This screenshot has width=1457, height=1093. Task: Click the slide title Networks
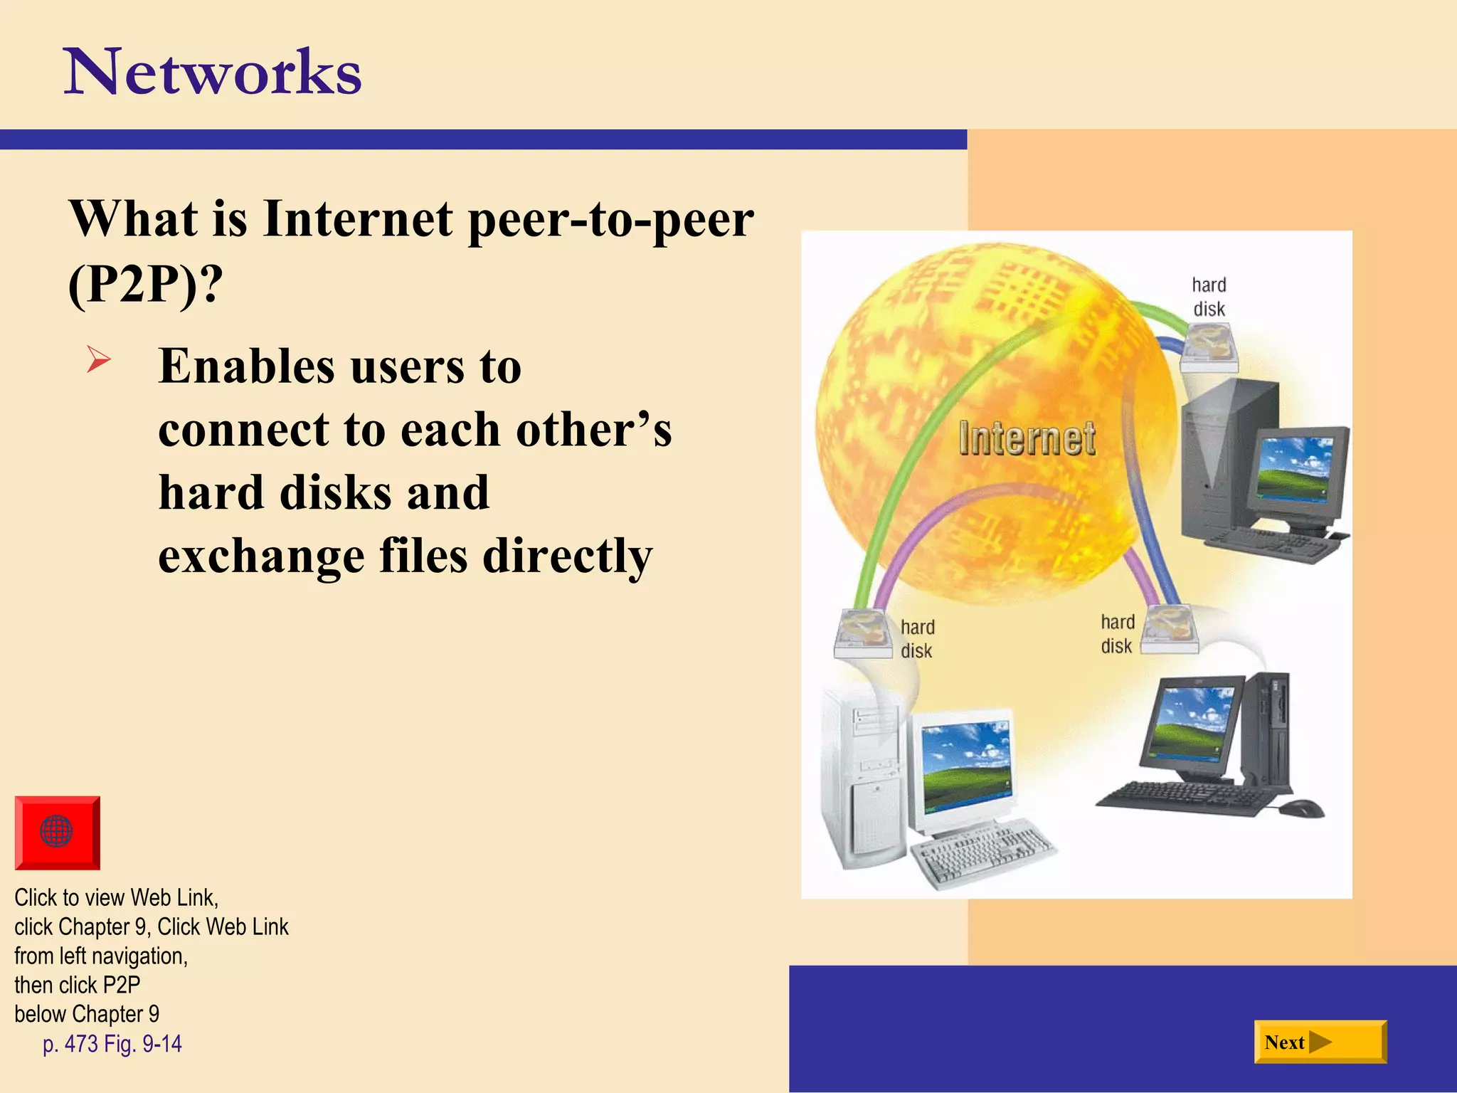tap(213, 72)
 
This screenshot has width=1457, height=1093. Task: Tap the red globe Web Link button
tap(57, 832)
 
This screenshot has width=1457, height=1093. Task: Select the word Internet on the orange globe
tap(1027, 438)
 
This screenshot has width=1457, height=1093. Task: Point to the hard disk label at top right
tap(1209, 297)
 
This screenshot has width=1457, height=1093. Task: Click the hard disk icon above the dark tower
tap(1209, 347)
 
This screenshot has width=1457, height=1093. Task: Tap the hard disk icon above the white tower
tap(863, 632)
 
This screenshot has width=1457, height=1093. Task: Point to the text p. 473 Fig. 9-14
tap(112, 1044)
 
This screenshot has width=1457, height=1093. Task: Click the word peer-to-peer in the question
tap(611, 219)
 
